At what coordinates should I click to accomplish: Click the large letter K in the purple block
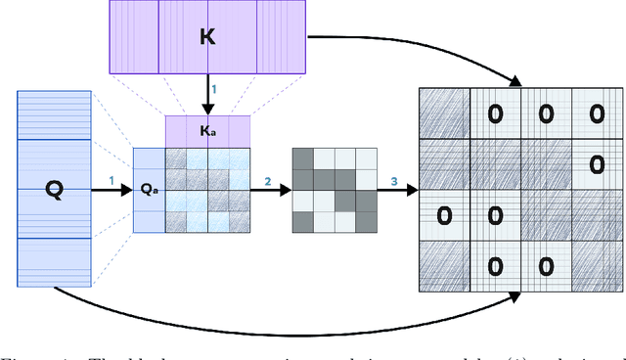click(206, 37)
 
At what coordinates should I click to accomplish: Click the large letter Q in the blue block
click(55, 190)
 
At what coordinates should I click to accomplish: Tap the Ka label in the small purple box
click(207, 130)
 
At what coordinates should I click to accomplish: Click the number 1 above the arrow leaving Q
click(112, 180)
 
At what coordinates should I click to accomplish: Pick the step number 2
click(267, 180)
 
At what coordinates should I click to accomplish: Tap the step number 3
click(393, 180)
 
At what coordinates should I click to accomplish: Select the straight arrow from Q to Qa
click(112, 191)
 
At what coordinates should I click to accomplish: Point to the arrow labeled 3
click(396, 191)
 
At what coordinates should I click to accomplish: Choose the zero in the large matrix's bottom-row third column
click(545, 265)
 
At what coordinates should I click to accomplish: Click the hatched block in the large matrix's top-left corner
click(444, 114)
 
